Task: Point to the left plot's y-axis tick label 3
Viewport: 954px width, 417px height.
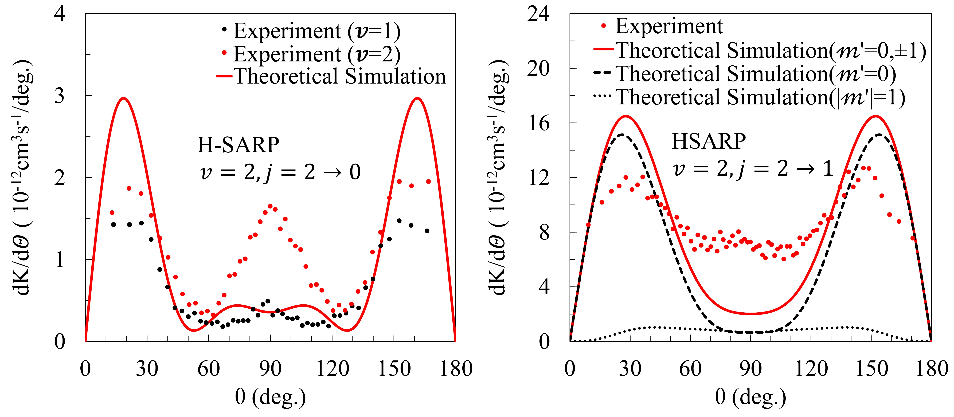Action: pos(60,96)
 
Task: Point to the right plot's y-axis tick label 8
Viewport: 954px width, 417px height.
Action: pos(544,233)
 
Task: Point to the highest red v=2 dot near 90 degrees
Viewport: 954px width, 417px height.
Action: pos(270,206)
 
